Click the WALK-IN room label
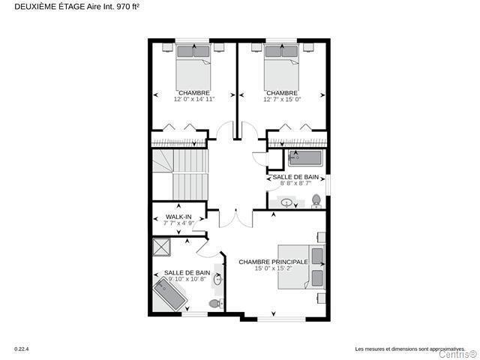point(178,217)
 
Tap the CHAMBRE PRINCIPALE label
point(273,262)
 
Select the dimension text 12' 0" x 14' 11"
point(194,99)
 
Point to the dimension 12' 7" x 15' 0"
point(282,99)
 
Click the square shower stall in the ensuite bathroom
point(161,247)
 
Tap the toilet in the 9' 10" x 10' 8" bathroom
point(217,303)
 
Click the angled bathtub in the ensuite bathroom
point(170,295)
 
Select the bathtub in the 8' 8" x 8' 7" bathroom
point(305,158)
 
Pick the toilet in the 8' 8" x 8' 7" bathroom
point(316,201)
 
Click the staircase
point(180,175)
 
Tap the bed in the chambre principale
point(301,267)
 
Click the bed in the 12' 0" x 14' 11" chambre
point(193,67)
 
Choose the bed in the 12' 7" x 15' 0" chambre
point(281,67)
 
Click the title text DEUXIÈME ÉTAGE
point(49,7)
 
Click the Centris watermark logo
point(458,355)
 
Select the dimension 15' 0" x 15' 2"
point(273,268)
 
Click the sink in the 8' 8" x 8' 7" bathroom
point(286,202)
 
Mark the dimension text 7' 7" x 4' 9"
point(178,223)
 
